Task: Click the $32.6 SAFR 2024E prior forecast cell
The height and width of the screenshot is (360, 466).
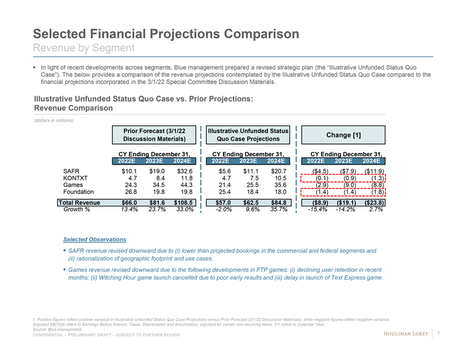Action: point(185,171)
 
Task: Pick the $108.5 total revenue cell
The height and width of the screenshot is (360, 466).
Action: point(185,202)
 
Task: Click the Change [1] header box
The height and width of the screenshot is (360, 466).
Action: point(344,135)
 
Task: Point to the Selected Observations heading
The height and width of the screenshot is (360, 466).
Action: point(87,240)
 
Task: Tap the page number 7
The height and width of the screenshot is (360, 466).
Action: point(440,333)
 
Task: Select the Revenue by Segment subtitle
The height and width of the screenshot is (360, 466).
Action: point(84,48)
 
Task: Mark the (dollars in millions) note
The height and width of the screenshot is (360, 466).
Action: point(53,120)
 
